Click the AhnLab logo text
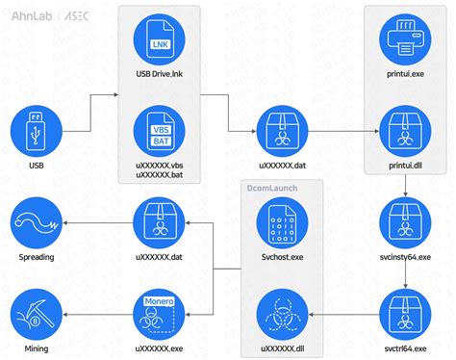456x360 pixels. [x=29, y=16]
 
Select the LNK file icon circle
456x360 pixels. [x=160, y=36]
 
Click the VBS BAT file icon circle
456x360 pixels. [x=160, y=130]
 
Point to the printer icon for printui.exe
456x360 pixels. [x=406, y=36]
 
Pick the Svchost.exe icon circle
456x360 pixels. [x=283, y=224]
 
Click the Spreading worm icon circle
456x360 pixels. [x=37, y=224]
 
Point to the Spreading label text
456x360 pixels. [x=37, y=257]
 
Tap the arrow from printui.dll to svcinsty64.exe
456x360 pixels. [x=406, y=185]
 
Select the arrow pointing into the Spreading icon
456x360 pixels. [x=96, y=224]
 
